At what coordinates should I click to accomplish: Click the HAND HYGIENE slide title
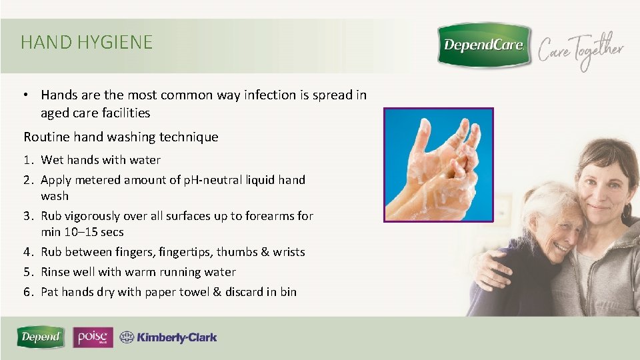(87, 43)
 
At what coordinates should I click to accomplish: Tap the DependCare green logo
(484, 45)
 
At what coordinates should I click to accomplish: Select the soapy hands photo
(438, 165)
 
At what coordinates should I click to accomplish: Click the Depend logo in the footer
(41, 337)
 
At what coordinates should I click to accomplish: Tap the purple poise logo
(93, 337)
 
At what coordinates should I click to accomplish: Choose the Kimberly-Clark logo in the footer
(168, 337)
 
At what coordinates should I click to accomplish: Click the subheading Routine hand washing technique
(121, 137)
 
